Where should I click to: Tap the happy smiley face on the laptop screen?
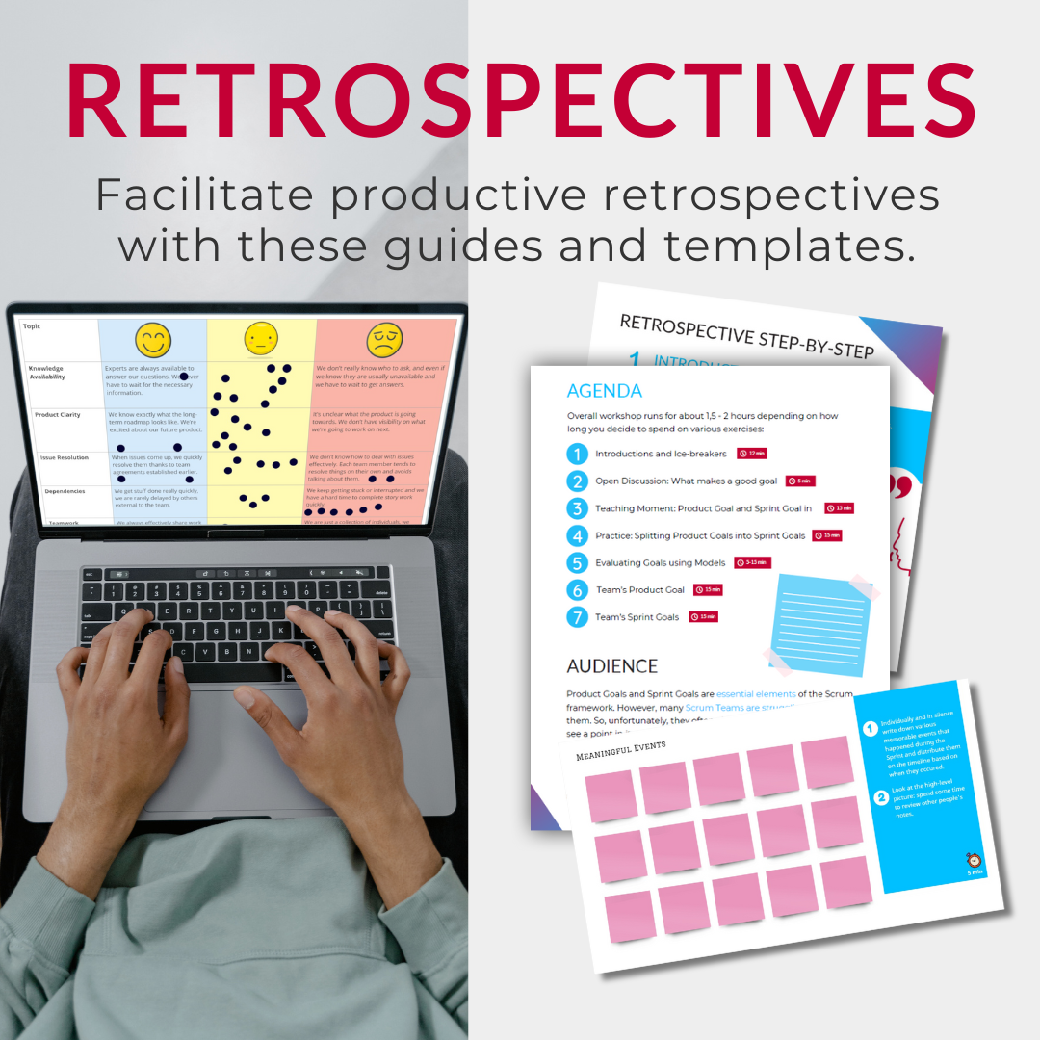153,339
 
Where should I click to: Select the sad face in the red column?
384,339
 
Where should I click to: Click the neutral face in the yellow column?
261,339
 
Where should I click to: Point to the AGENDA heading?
604,391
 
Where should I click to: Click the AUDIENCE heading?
611,666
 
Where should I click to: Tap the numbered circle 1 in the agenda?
577,454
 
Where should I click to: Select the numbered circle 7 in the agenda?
577,617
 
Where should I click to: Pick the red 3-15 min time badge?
752,562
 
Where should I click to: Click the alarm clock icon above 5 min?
974,860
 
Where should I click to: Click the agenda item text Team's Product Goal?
639,590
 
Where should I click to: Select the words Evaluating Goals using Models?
660,563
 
